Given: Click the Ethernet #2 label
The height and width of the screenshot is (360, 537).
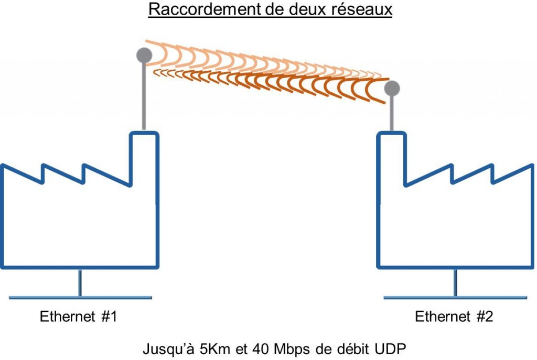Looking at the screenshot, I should point(454,317).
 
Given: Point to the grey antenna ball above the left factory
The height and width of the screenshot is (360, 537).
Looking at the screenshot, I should point(144,54).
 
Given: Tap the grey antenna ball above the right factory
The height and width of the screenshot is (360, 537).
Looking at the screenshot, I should point(392,88).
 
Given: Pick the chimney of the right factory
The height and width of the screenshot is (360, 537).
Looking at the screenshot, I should point(391,157).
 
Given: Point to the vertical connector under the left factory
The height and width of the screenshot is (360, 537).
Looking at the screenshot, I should point(80,283).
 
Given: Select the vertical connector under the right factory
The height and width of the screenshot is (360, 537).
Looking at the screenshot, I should point(455,283).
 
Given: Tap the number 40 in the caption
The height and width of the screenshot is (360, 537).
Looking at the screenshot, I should point(259,348).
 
